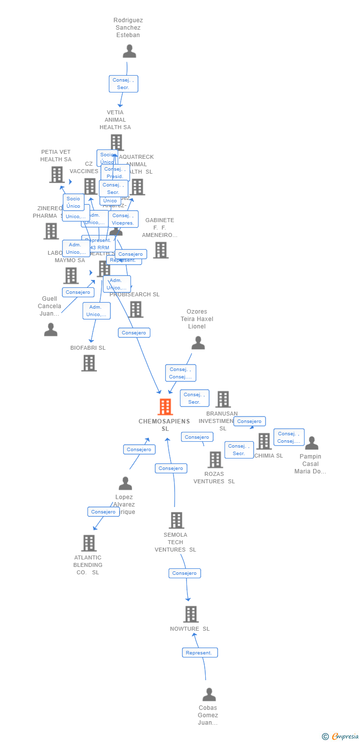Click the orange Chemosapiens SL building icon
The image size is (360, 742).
(x=165, y=407)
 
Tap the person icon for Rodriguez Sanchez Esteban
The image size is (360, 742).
(x=129, y=51)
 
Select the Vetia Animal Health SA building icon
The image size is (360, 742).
(x=116, y=142)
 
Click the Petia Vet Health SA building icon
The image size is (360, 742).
(x=57, y=174)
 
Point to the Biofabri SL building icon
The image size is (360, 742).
(x=89, y=363)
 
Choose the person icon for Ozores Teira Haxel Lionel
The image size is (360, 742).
(x=198, y=343)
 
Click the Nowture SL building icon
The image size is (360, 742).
(x=191, y=614)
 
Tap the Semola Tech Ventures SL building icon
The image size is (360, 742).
(x=177, y=520)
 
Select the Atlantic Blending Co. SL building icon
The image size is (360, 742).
(x=89, y=543)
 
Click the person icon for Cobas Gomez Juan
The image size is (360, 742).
(x=209, y=695)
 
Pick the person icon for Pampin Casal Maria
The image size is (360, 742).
(x=312, y=443)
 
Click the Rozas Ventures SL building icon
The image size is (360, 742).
(x=215, y=460)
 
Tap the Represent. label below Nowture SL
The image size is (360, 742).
(x=200, y=652)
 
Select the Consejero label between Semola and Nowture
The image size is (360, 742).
(x=184, y=573)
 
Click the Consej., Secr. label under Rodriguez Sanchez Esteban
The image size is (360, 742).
(x=123, y=84)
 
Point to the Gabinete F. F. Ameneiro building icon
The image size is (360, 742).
(x=160, y=250)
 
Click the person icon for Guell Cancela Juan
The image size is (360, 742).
(x=50, y=329)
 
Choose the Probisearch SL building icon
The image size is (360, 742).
(x=136, y=309)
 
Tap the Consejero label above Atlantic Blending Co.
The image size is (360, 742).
(x=103, y=511)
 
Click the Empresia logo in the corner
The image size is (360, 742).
(x=341, y=736)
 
